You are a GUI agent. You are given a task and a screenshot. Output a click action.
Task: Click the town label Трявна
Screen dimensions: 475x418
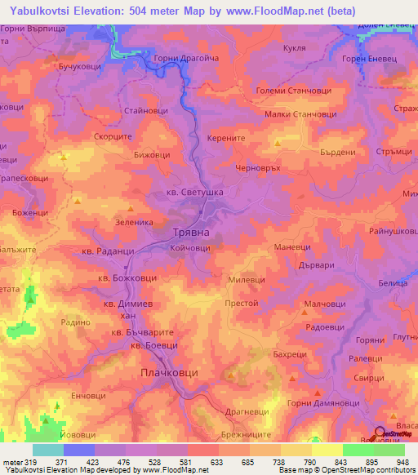(193, 233)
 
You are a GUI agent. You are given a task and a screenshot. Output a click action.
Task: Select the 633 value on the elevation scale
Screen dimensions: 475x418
(193, 462)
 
